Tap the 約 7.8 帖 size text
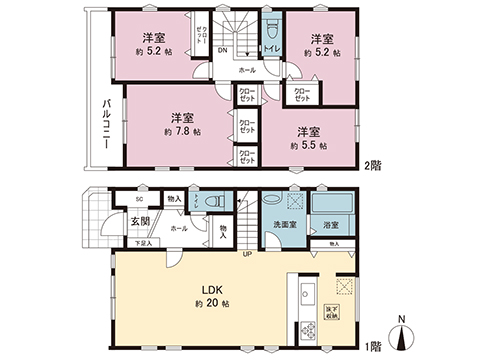pyautogui.click(x=182, y=131)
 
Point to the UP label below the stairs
pyautogui.click(x=246, y=254)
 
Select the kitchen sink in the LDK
pyautogui.click(x=306, y=296)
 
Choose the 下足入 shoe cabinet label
pyautogui.click(x=144, y=242)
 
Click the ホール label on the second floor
pyautogui.click(x=247, y=71)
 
